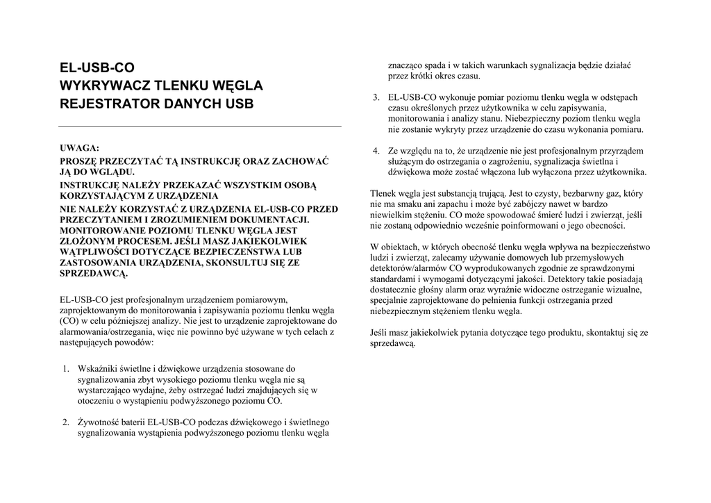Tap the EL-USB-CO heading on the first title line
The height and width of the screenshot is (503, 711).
pos(97,68)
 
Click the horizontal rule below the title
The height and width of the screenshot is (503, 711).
pos(199,127)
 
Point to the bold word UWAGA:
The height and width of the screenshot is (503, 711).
pos(80,148)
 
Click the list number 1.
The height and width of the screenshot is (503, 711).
pos(65,368)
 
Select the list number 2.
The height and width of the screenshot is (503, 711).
pos(65,422)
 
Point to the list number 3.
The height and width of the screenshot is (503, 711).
pos(376,97)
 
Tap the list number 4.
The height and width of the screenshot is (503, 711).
pos(376,151)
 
